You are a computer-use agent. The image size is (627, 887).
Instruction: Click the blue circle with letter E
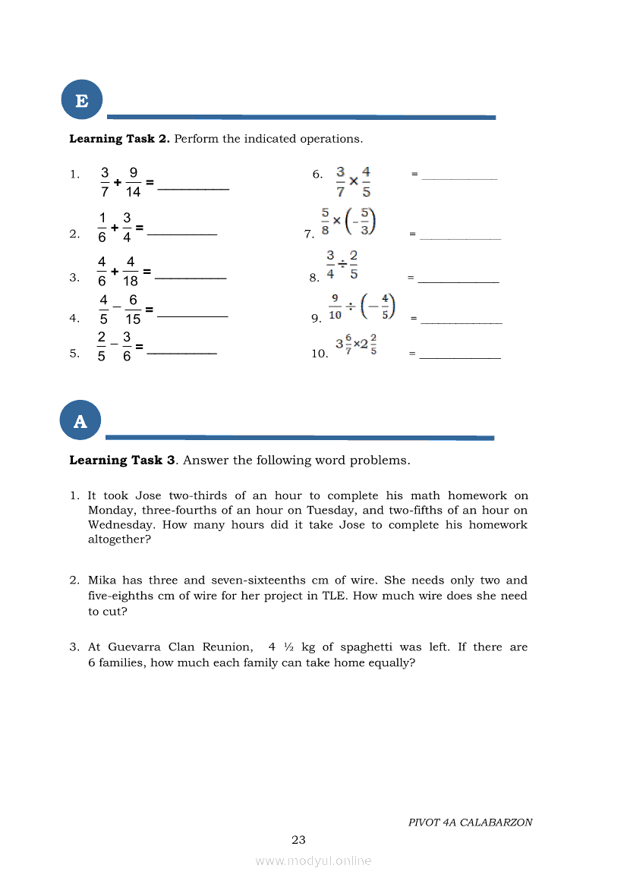81,100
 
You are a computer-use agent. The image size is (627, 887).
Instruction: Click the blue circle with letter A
80,422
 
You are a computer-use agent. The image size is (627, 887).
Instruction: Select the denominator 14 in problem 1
134,193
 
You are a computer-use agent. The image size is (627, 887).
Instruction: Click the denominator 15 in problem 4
133,319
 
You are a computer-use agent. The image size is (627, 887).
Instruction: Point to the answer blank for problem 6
459,178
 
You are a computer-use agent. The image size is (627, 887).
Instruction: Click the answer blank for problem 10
460,357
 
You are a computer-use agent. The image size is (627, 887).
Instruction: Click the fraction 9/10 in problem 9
335,307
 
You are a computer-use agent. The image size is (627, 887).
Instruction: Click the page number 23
298,840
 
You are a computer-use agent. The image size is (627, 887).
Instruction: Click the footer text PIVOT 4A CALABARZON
470,823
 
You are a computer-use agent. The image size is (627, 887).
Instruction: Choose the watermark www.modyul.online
313,861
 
